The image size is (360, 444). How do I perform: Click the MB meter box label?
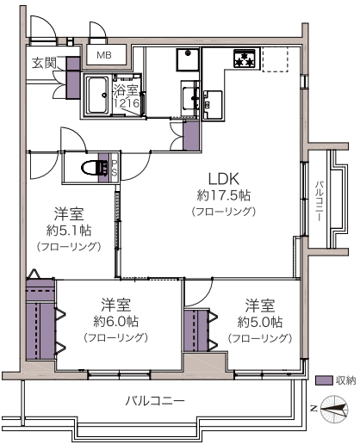[104, 55]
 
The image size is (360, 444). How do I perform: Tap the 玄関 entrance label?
[44, 63]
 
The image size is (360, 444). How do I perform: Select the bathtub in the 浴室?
[97, 95]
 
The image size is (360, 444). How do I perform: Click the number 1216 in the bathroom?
[127, 103]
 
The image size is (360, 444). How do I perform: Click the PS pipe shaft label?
[115, 168]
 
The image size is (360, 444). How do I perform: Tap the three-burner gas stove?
[245, 59]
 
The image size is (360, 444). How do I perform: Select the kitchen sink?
[213, 105]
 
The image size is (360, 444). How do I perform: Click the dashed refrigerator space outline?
[275, 59]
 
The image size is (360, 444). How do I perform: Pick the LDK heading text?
[223, 179]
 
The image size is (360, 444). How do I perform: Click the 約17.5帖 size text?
[223, 195]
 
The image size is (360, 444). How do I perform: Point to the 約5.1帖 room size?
[69, 231]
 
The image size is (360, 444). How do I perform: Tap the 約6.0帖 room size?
[116, 322]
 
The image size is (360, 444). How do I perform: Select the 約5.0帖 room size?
[260, 322]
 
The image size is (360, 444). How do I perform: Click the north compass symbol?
[334, 410]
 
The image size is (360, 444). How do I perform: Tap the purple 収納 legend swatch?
[324, 380]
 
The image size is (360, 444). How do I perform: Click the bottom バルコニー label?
[155, 400]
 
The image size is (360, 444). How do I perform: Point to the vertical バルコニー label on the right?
[320, 200]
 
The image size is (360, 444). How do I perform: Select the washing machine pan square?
[188, 59]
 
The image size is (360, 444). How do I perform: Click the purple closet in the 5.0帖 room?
[196, 330]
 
